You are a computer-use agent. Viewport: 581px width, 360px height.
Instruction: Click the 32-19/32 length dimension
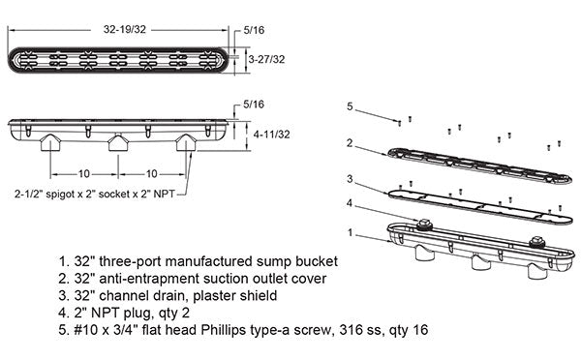125,30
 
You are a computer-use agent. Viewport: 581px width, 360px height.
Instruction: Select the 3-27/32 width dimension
267,59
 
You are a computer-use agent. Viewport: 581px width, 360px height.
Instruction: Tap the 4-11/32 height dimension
271,135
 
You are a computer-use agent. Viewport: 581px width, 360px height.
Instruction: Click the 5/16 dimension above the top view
254,30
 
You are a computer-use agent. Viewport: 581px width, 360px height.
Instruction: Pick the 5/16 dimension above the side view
254,105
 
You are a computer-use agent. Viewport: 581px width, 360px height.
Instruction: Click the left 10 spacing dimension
84,173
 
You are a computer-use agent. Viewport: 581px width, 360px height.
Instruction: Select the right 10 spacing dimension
152,173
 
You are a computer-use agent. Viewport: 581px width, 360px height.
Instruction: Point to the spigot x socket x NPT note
95,194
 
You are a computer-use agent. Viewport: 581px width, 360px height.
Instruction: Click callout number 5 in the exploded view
350,106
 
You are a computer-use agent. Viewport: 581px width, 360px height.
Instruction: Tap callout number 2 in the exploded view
350,143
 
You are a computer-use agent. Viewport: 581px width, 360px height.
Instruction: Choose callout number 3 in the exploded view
350,179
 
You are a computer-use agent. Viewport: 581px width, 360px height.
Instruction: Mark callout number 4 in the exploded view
350,203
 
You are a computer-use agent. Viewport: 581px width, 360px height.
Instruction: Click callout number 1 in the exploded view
351,233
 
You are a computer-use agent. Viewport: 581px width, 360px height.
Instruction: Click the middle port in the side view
118,142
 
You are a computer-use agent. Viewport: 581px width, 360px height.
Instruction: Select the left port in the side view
50,142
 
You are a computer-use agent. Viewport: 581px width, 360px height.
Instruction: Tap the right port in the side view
186,142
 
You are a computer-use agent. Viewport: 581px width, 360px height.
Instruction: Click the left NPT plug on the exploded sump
424,225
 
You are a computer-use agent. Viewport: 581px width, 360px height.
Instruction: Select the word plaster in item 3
215,295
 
